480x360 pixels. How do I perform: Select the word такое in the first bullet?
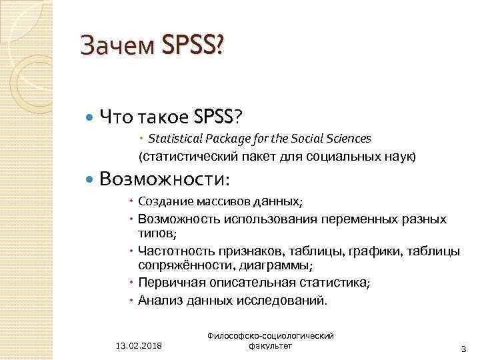[x=165, y=117]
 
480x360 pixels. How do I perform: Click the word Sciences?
[x=345, y=138]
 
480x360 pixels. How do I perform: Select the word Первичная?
[x=169, y=283]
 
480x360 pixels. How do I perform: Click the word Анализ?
[x=157, y=299]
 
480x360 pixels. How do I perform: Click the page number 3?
[x=463, y=349]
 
